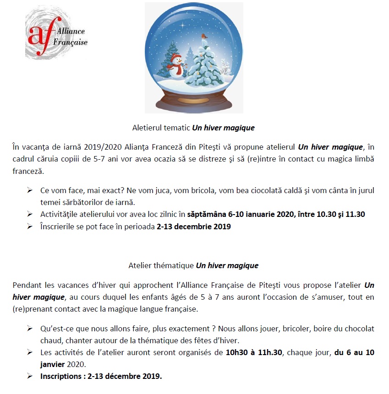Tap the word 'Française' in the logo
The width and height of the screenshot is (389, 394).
point(71,43)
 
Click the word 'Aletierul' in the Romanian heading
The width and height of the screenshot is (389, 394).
point(145,128)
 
